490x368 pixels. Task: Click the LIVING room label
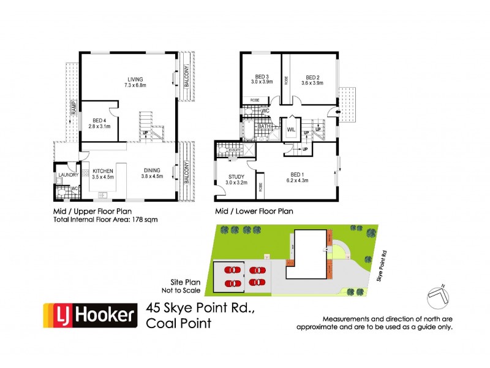(x=135, y=79)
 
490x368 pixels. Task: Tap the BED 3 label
(x=260, y=76)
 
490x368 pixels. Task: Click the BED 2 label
(x=314, y=76)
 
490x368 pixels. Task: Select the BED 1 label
(x=296, y=174)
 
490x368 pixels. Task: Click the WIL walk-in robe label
(x=291, y=130)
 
